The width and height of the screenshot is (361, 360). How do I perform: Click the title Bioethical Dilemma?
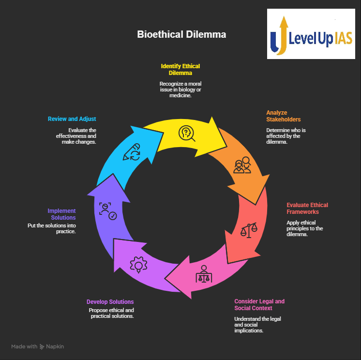click(181, 35)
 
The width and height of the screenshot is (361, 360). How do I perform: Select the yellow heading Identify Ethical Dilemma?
click(180, 69)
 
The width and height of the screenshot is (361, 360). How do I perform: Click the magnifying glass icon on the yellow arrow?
click(186, 133)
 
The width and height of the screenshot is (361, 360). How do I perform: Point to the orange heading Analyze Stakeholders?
click(284, 116)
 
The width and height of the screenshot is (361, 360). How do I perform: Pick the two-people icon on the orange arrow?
click(242, 165)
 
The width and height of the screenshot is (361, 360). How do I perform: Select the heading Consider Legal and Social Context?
click(259, 304)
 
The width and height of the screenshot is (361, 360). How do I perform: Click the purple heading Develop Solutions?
click(110, 301)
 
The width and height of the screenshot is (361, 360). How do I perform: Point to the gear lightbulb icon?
click(138, 265)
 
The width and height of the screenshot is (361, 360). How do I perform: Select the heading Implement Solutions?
click(61, 214)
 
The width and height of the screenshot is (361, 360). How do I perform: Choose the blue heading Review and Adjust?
click(72, 119)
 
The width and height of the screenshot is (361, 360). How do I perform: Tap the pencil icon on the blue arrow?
click(132, 152)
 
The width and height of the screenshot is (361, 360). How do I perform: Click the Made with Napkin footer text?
click(38, 346)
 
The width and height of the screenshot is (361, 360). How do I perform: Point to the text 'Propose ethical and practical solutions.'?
click(111, 313)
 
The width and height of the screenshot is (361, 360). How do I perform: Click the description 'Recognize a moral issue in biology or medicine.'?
click(180, 90)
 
